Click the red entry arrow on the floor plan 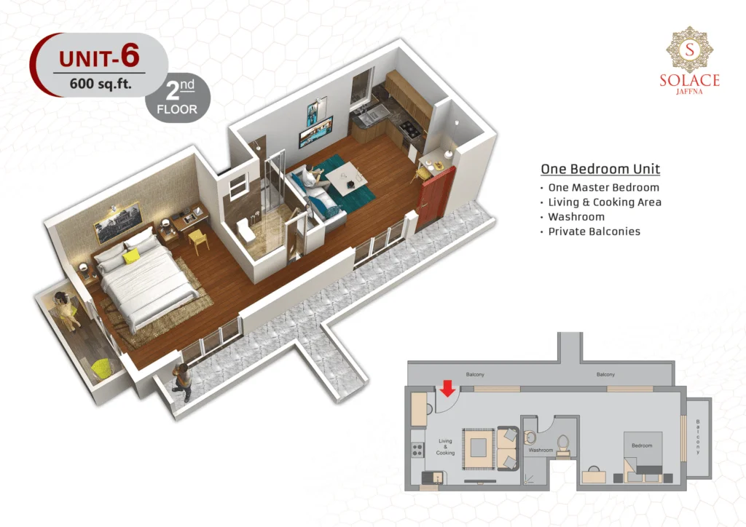447,388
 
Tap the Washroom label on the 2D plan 541,450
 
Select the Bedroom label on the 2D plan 642,445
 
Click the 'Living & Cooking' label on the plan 445,447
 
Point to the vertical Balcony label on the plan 698,437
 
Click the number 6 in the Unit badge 130,55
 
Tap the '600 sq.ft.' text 101,84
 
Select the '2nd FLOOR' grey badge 178,98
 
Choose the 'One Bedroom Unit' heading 600,169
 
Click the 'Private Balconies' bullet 594,231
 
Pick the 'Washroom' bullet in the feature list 576,217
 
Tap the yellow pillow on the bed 131,257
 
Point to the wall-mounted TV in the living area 315,131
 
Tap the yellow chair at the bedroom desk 199,239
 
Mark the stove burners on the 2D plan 417,450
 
